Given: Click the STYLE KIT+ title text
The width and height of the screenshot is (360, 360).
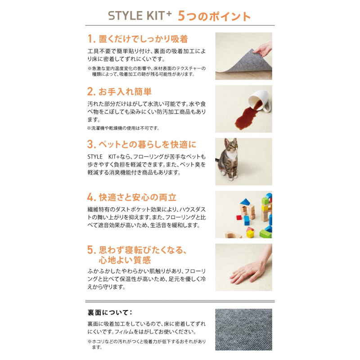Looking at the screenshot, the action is coord(140,16).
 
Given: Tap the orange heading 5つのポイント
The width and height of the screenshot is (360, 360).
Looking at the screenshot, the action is coord(214,16).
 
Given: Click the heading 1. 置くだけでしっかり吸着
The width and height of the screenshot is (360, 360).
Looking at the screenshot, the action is coord(138,39).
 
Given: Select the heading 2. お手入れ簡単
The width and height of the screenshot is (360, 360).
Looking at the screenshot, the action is coord(119,92).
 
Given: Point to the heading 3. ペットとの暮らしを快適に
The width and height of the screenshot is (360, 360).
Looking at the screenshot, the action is coord(142,144).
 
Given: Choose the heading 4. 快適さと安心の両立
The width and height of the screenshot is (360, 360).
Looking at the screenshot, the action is coord(132,197).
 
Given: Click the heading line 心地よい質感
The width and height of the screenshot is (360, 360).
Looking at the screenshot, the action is coord(125,260).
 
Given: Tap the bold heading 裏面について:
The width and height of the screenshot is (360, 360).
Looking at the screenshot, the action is coord(110,312).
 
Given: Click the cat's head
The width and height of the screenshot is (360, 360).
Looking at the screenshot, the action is coord(231,145).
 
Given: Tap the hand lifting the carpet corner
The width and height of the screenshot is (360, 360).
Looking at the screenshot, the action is coord(264,49).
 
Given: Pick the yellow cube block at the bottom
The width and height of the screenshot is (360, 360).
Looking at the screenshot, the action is coord(250,234).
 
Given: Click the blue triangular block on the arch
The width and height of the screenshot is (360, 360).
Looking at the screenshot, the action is coord(245,202).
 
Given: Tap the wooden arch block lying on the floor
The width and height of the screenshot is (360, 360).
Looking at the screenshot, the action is coord(233,234).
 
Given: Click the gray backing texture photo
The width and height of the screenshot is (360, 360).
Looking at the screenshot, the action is coord(243,329).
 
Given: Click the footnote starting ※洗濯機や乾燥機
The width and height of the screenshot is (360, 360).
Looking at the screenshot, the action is coord(123,128).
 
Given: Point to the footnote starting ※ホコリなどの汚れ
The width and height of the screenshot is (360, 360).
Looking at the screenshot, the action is coord(147,344).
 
